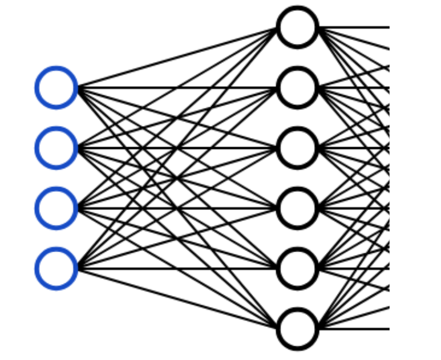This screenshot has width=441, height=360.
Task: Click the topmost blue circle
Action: coord(56,87)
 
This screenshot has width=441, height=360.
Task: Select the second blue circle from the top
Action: coord(56,148)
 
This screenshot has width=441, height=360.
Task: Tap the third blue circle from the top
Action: coord(56,208)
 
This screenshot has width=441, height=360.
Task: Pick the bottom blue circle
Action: coord(56,268)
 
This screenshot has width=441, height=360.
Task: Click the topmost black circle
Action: coord(297,27)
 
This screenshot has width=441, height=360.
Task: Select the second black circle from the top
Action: coord(297,87)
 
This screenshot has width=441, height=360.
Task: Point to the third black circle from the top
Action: coord(297,148)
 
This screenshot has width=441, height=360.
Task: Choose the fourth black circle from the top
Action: coord(297,208)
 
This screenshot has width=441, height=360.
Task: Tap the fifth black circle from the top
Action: coord(297,268)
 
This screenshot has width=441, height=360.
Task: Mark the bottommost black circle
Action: coord(297,329)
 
